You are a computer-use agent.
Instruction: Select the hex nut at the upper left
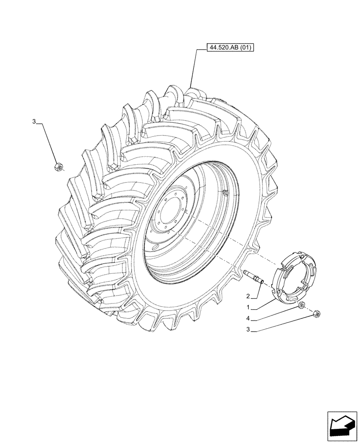58,167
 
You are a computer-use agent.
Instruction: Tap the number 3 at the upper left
34,121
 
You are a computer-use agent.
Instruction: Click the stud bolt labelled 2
254,276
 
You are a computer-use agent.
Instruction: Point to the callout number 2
249,296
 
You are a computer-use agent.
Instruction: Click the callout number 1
250,307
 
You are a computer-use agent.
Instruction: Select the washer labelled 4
301,305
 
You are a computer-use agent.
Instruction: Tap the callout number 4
250,318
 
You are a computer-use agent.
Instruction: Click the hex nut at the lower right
317,314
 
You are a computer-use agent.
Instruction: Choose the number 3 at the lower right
250,329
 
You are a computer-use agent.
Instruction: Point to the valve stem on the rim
225,192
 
